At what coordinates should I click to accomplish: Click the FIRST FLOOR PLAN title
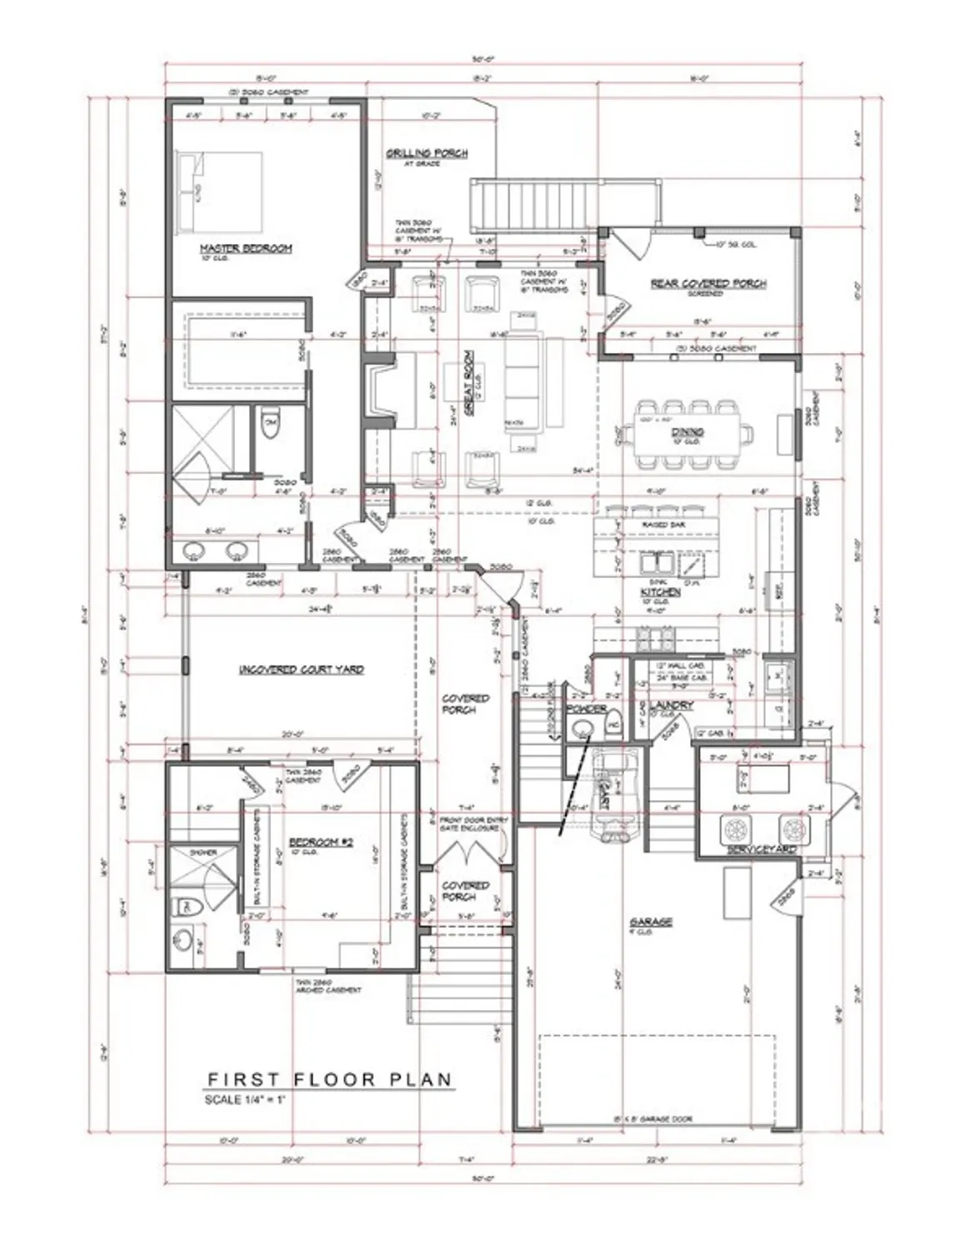(330, 1079)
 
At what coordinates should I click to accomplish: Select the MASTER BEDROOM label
(245, 248)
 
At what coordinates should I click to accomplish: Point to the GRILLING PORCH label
(426, 153)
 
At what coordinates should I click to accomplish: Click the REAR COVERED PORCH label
(707, 284)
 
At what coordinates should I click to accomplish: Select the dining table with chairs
(688, 433)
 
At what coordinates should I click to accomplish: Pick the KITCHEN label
(660, 592)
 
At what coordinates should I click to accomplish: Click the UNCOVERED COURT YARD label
(301, 669)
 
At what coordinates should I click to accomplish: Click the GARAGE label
(651, 923)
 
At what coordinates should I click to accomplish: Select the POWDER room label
(585, 709)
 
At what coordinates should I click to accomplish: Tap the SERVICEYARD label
(761, 849)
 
